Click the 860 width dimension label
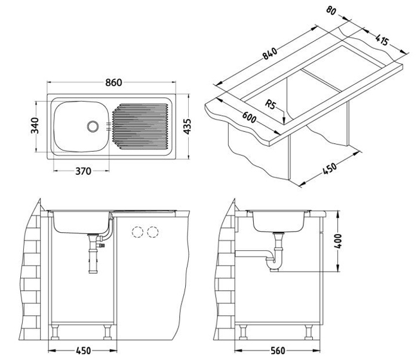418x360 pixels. (x=113, y=82)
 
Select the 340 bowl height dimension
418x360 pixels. (x=35, y=125)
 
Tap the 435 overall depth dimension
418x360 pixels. (x=188, y=127)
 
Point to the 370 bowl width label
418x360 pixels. (x=84, y=171)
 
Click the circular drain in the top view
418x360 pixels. (x=93, y=126)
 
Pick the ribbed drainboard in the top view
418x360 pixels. (x=140, y=127)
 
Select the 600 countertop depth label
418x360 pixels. (x=250, y=117)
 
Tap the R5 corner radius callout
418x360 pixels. (x=271, y=104)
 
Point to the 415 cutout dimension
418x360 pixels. (x=382, y=40)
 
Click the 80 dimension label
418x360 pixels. (x=331, y=11)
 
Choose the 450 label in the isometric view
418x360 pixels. (x=330, y=168)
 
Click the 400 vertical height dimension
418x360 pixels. (x=338, y=241)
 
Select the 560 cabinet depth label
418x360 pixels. (x=278, y=350)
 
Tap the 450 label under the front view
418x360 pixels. (x=84, y=350)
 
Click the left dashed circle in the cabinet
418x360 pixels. (x=137, y=232)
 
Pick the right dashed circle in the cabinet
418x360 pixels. (x=153, y=232)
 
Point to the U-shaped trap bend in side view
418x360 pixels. (x=272, y=265)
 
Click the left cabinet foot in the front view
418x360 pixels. (x=55, y=333)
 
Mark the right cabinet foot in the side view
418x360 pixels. (x=309, y=333)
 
